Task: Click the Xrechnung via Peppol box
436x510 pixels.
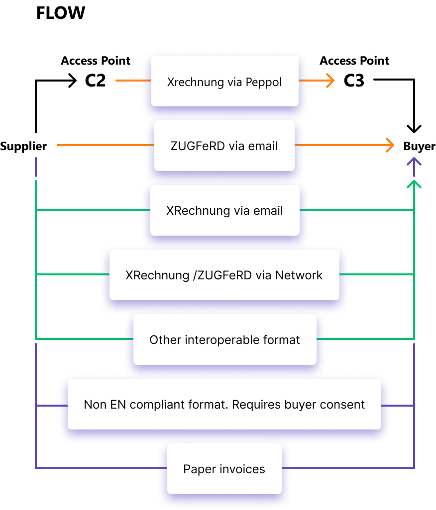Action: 224,81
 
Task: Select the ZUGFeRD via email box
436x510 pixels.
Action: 224,146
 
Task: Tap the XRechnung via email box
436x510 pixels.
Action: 224,210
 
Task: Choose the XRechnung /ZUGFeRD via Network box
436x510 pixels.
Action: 224,275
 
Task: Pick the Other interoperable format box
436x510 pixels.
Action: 224,340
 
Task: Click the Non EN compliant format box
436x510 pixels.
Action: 224,404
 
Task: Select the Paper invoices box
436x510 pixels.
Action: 224,469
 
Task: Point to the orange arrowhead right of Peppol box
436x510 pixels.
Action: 330,80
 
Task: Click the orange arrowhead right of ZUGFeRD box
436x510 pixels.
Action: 390,145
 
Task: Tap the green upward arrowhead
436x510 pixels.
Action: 414,184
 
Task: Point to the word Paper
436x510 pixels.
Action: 197,469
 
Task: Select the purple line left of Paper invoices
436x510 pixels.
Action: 100,468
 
